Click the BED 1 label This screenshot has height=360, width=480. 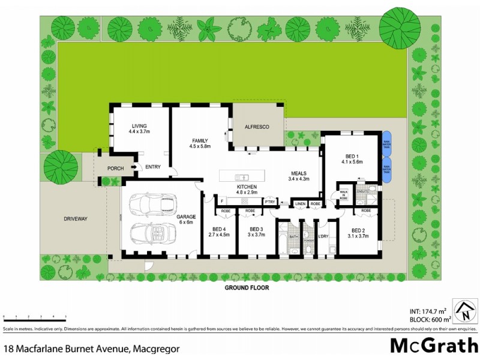pos(349,158)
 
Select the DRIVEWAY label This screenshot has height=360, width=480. pos(76,219)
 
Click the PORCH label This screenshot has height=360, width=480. pos(115,169)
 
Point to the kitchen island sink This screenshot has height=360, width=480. pos(242,178)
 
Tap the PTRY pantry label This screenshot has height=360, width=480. pos(270,201)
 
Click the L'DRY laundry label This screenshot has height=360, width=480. pos(323,237)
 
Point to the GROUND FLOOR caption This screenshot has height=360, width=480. pos(247,287)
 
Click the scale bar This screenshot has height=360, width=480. pos(34,315)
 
